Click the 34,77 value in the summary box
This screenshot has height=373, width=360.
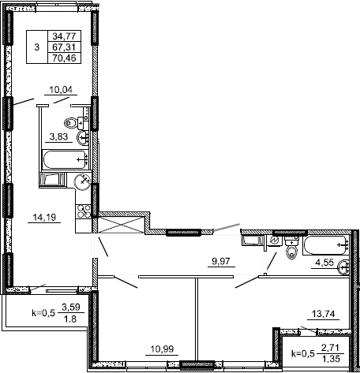click(x=64, y=35)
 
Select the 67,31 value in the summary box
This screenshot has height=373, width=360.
click(x=64, y=47)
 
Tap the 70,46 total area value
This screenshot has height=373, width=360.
click(x=64, y=58)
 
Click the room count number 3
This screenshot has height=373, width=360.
click(x=37, y=47)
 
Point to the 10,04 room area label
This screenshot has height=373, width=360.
click(x=61, y=90)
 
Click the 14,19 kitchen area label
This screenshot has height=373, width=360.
click(x=44, y=218)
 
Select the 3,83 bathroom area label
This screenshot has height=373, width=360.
click(x=58, y=136)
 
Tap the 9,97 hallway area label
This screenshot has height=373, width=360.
click(x=221, y=261)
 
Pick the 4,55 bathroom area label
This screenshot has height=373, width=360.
click(x=324, y=263)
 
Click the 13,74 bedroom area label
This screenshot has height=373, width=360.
click(x=324, y=314)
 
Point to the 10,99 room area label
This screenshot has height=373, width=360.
click(x=162, y=349)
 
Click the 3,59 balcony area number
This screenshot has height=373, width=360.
click(x=71, y=307)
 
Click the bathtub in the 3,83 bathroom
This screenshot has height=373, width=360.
click(x=66, y=159)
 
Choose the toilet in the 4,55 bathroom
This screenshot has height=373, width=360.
click(x=291, y=248)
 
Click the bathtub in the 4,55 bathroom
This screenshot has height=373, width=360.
click(x=325, y=245)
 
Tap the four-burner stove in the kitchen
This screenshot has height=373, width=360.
click(x=83, y=211)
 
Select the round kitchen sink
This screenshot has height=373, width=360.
click(x=82, y=181)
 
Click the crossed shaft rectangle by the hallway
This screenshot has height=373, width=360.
click(x=122, y=225)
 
